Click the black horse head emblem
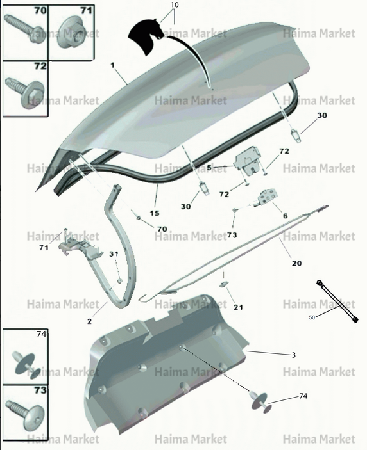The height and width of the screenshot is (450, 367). [x=146, y=36]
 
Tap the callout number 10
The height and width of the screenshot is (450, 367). [x=175, y=5]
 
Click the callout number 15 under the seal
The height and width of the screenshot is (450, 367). [x=155, y=213]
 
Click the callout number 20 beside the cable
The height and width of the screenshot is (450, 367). [x=296, y=263]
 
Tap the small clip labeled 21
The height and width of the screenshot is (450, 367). [x=223, y=284]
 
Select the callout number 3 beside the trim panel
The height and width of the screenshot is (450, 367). [x=293, y=355]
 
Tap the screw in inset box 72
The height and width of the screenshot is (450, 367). [x=25, y=90]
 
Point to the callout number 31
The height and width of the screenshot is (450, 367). [x=114, y=254]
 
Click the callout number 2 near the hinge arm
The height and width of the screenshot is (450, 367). [x=89, y=321]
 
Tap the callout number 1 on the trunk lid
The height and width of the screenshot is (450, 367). [x=112, y=65]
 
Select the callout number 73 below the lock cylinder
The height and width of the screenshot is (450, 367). [x=232, y=235]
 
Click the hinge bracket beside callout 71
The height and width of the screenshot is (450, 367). [x=81, y=247]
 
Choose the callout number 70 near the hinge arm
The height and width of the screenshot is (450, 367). [x=162, y=229]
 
